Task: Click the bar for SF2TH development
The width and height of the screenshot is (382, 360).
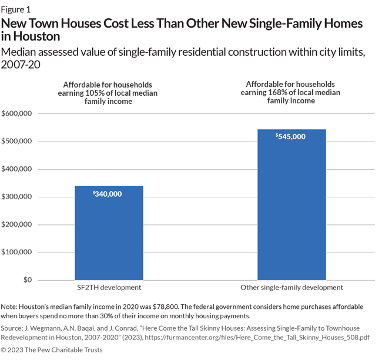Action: (x=109, y=233)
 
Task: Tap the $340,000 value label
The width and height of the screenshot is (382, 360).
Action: (x=108, y=194)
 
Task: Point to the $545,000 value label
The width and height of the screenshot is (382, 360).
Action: (x=291, y=136)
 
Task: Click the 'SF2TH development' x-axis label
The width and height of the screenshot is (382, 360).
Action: (x=109, y=287)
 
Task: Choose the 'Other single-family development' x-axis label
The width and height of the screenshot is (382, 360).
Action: (x=291, y=287)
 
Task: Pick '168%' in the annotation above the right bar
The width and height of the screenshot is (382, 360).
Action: (x=276, y=92)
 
